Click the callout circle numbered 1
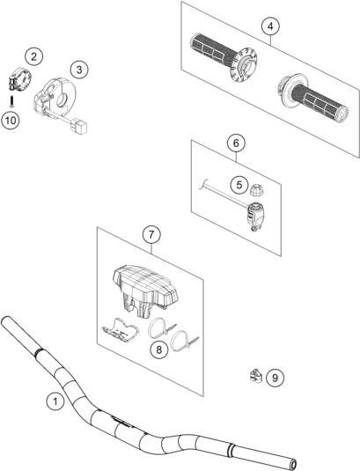click(55, 401)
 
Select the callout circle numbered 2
click(33, 56)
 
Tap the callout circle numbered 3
click(79, 70)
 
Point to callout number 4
click(270, 26)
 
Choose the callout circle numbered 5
click(239, 185)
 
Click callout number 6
click(236, 144)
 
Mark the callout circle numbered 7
click(151, 234)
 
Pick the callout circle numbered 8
click(158, 350)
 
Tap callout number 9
click(275, 378)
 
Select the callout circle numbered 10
click(11, 121)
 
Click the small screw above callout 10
click(11, 101)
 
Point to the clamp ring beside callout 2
click(18, 79)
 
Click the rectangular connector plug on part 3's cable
click(78, 127)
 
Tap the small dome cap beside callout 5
click(256, 189)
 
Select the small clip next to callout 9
click(256, 376)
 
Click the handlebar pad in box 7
click(145, 286)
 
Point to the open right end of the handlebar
click(293, 462)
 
